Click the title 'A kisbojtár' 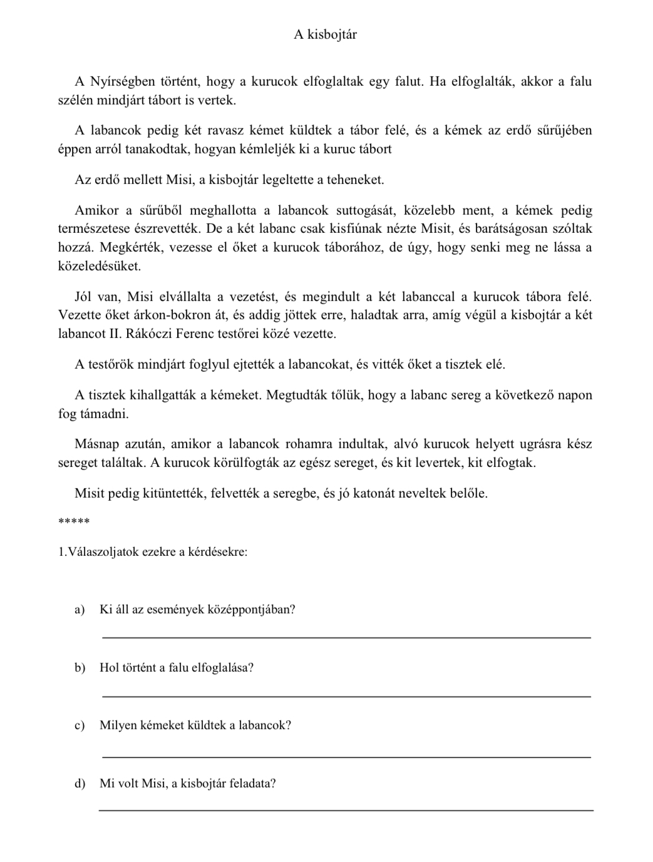point(326,35)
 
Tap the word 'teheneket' point(354,180)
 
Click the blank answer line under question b point(346,695)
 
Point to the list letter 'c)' point(80,726)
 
